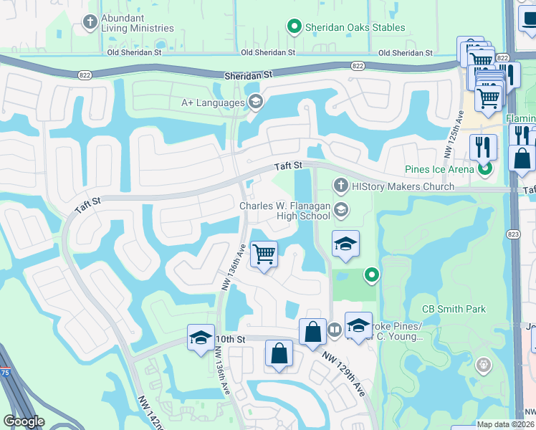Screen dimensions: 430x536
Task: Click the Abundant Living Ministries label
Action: click(x=138, y=22)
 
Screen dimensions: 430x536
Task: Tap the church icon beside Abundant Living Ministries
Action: click(x=90, y=21)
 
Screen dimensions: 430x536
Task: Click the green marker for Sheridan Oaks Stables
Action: click(x=294, y=28)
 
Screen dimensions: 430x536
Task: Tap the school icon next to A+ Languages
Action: click(x=254, y=102)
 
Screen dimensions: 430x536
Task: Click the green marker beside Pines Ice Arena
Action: click(x=485, y=169)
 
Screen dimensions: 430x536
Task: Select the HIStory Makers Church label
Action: click(x=403, y=186)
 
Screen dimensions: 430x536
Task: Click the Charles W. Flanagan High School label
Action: click(x=284, y=211)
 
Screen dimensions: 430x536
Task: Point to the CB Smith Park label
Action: click(x=454, y=310)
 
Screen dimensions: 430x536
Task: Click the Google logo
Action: click(x=24, y=421)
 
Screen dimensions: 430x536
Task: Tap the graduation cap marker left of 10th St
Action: click(x=201, y=337)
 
